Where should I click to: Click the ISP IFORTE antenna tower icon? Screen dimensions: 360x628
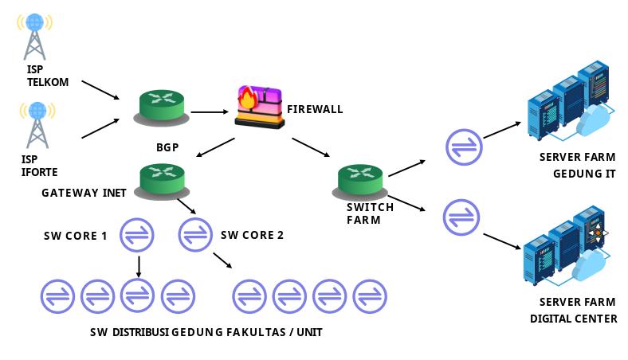pos(35,123)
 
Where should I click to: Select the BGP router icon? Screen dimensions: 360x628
pos(163,106)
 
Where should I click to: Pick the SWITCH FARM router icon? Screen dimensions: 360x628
pos(361,180)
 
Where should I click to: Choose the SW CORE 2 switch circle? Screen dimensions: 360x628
pos(196,234)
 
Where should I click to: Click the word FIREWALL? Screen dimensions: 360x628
pos(315,109)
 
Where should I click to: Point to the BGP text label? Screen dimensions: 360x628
pos(167,147)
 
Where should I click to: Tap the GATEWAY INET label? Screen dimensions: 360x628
pos(84,192)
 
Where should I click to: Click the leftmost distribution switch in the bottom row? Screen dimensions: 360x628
pos(58,296)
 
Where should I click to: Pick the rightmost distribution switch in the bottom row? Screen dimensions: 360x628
pos(370,296)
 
